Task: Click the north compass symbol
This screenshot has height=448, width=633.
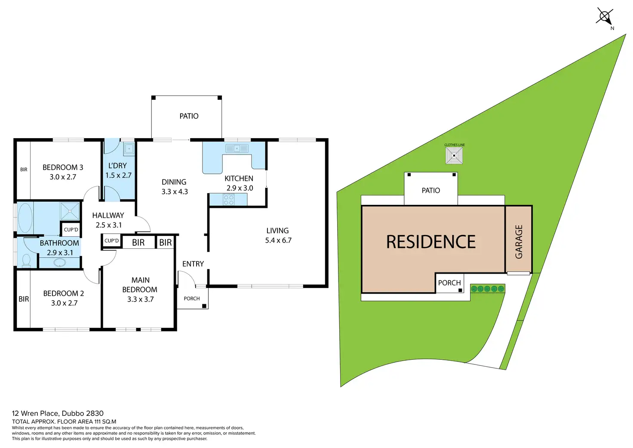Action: [604, 17]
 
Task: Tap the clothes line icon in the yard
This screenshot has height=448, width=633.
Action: [454, 155]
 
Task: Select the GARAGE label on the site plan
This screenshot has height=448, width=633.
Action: [519, 241]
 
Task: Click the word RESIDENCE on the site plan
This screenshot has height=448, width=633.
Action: [431, 242]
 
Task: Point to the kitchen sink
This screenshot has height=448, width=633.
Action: [237, 148]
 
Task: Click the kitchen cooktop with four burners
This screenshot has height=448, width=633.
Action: [228, 199]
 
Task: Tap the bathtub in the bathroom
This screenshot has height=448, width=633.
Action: [25, 218]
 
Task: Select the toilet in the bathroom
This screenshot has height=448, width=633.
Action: [26, 260]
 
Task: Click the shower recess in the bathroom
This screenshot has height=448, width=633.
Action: [70, 211]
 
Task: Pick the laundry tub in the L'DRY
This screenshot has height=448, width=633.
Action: [129, 149]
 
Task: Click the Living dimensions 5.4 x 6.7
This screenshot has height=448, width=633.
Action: [278, 241]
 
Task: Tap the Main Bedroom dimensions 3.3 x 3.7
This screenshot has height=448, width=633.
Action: [140, 300]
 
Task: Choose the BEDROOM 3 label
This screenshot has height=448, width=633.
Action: [63, 167]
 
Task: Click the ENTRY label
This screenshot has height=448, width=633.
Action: [193, 264]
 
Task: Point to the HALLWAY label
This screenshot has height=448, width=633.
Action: [108, 215]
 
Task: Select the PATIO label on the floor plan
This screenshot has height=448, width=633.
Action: [189, 116]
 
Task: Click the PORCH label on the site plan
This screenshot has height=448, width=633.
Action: [449, 283]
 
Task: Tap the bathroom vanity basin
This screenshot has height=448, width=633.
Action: [60, 262]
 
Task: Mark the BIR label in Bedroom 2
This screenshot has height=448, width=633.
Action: [24, 299]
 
